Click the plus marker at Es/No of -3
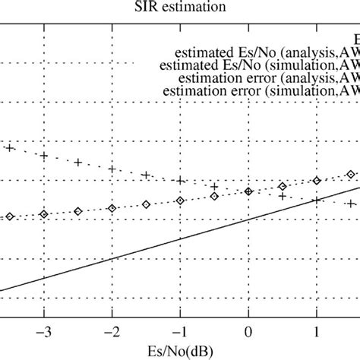[x=44, y=156]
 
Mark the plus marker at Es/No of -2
[x=112, y=169]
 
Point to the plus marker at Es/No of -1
[x=180, y=181]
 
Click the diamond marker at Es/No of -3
[x=44, y=213]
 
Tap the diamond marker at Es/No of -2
[x=112, y=207]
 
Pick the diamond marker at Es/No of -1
[x=180, y=201]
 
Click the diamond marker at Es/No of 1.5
[x=350, y=173]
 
